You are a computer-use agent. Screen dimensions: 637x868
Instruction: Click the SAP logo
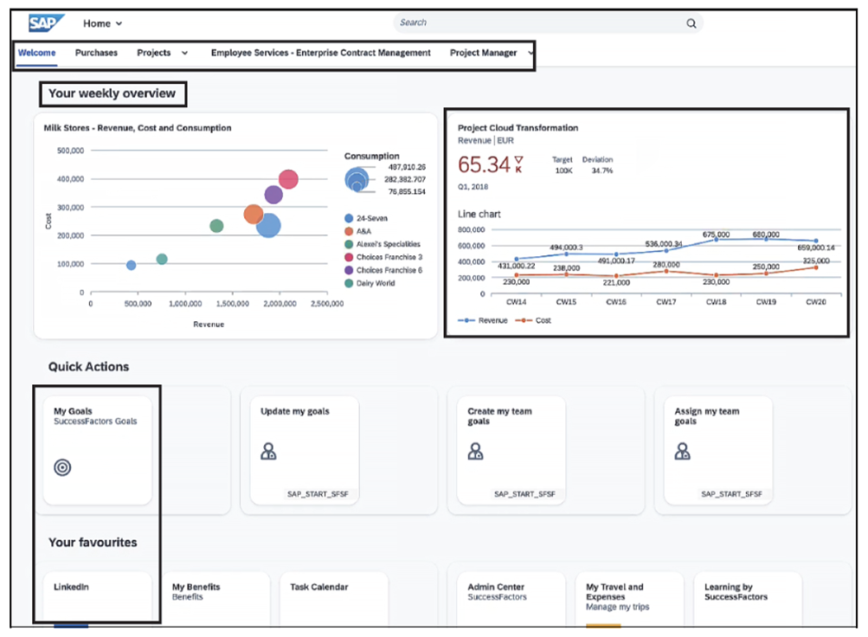pos(47,23)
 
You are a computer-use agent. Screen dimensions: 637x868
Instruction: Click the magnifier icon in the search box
pos(691,23)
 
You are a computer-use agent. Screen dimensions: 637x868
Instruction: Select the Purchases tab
pos(96,53)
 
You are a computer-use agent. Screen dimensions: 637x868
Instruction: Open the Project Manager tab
pos(483,53)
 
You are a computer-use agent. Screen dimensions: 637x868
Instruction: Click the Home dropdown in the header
pos(103,23)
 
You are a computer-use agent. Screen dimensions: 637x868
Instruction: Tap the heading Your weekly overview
pos(112,93)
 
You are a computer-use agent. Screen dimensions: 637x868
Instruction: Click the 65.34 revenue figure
pos(484,164)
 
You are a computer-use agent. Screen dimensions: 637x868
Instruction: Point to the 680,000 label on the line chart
pos(765,235)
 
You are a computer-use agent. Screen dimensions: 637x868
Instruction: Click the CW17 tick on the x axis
pos(665,302)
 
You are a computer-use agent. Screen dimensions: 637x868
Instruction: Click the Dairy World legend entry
pos(376,283)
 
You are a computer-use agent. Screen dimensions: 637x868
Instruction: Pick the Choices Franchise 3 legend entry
pos(389,257)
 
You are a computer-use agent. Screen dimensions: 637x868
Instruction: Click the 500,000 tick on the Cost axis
pos(69,151)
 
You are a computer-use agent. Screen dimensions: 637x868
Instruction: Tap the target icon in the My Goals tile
pos(62,467)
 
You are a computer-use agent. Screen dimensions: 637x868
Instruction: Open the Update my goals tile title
pos(294,411)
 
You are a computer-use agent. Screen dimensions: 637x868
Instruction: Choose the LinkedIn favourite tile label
pos(71,587)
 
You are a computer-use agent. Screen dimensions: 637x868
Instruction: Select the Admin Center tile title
pos(496,587)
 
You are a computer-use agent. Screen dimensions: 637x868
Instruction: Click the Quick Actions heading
pos(88,366)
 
